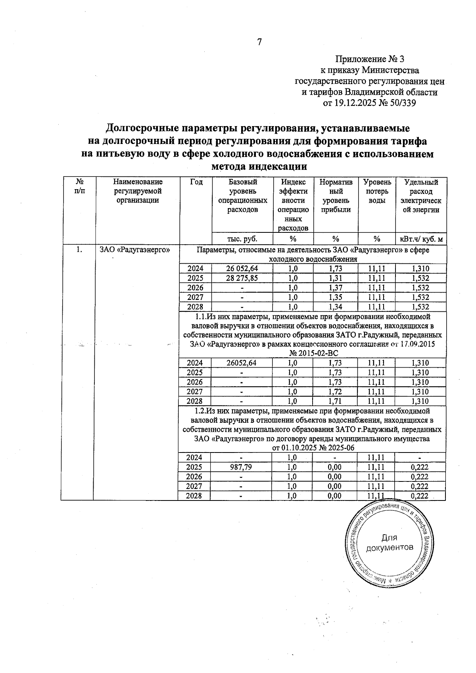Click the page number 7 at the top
pyautogui.click(x=259, y=42)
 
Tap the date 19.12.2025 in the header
pyautogui.click(x=355, y=103)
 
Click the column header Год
pyautogui.click(x=196, y=182)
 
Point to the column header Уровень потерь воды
pyautogui.click(x=377, y=192)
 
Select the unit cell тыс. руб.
pyautogui.click(x=242, y=239)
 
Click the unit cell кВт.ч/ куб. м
pyautogui.click(x=421, y=239)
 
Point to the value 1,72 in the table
pyautogui.click(x=335, y=392)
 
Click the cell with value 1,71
pyautogui.click(x=335, y=401)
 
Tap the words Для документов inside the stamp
pyautogui.click(x=389, y=543)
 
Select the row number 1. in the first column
pyautogui.click(x=80, y=250)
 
